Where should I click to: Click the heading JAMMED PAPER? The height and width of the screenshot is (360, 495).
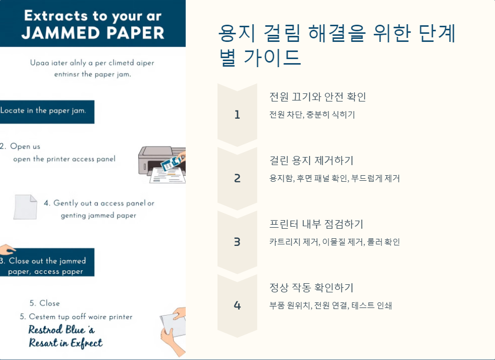(x=93, y=32)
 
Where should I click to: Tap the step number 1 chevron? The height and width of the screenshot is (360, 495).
(x=237, y=115)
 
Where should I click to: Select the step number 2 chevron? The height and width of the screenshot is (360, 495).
(x=237, y=178)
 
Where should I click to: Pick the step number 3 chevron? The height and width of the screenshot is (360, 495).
(x=237, y=242)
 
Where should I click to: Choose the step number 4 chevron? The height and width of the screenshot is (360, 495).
(x=237, y=305)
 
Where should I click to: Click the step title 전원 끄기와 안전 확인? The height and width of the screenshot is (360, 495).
(x=318, y=97)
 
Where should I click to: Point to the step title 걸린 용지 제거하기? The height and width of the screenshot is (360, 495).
(x=311, y=161)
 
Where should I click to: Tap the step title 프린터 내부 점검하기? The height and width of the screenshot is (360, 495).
(x=316, y=224)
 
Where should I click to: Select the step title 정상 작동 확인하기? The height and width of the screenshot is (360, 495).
(x=311, y=288)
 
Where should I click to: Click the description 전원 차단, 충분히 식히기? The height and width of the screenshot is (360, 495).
(x=312, y=115)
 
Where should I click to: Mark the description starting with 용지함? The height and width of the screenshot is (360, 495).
(x=335, y=178)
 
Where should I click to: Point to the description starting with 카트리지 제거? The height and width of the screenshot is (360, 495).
(x=335, y=242)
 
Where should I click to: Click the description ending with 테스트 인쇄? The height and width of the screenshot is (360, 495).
(x=331, y=305)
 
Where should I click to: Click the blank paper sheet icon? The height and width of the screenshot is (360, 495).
(x=25, y=207)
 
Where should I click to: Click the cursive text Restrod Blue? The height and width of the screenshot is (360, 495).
(x=61, y=330)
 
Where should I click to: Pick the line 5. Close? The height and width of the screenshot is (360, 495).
(x=44, y=303)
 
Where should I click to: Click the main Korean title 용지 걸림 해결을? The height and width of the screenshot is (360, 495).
(x=337, y=34)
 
